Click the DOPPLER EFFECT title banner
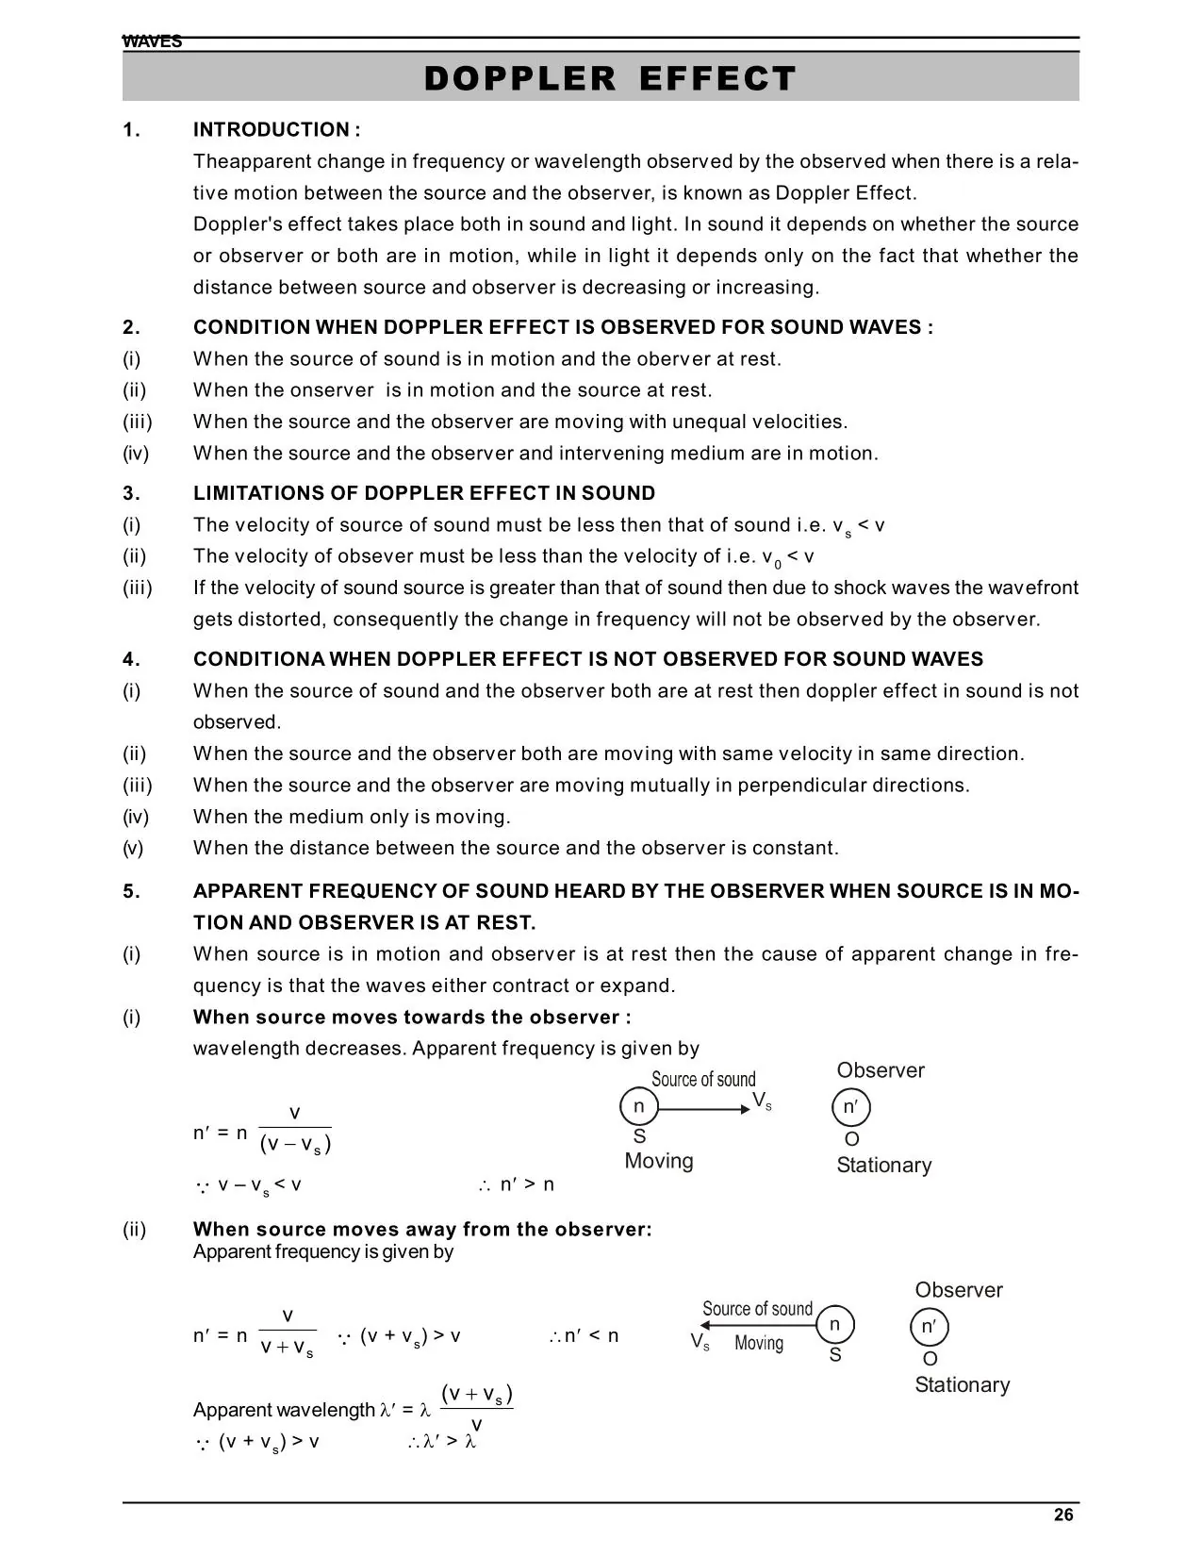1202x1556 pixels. [x=610, y=78]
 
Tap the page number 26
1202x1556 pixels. [x=1063, y=1515]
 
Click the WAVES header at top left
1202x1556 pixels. [x=152, y=41]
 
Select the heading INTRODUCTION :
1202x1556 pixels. [x=276, y=130]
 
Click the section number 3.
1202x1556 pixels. [x=131, y=493]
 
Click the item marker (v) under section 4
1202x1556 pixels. [x=133, y=848]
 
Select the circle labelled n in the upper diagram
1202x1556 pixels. [x=638, y=1106]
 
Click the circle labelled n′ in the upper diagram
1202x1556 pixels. [x=850, y=1107]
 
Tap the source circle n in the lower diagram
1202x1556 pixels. [x=834, y=1324]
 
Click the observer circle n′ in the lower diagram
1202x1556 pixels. [x=929, y=1327]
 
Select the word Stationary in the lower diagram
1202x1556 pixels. [x=962, y=1384]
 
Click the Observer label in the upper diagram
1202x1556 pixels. [x=881, y=1070]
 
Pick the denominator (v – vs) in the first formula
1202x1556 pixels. [x=295, y=1145]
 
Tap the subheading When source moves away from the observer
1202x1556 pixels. [x=421, y=1229]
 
